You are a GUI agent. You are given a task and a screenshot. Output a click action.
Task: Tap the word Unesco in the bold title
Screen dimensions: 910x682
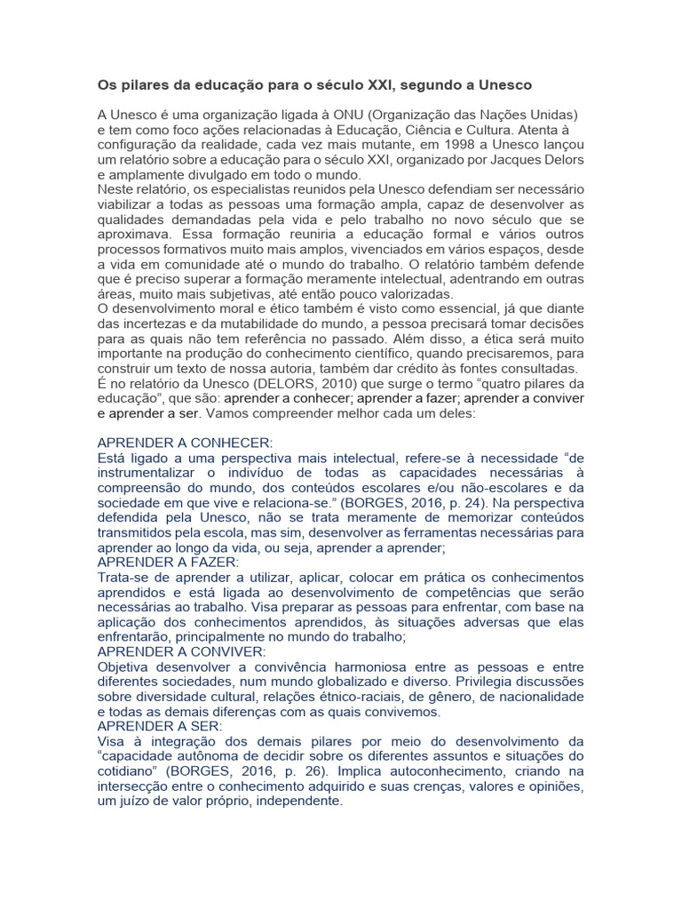pos(502,85)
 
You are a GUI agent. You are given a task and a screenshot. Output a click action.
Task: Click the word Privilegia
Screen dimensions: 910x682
pos(499,682)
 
